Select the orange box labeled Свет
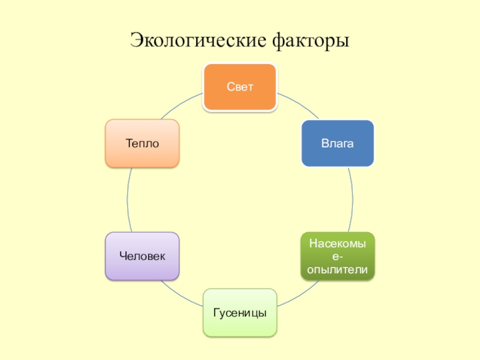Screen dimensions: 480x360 click(240, 87)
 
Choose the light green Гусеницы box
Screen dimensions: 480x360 click(240, 312)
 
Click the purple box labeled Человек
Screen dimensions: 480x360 click(142, 256)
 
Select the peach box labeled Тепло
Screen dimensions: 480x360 click(142, 143)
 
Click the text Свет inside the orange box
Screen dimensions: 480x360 click(240, 87)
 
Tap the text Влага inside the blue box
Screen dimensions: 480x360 click(337, 143)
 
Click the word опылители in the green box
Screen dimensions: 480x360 click(337, 270)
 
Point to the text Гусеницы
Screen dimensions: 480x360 click(240, 313)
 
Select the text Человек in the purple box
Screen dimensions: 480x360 click(142, 256)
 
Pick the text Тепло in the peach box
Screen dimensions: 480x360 click(142, 143)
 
